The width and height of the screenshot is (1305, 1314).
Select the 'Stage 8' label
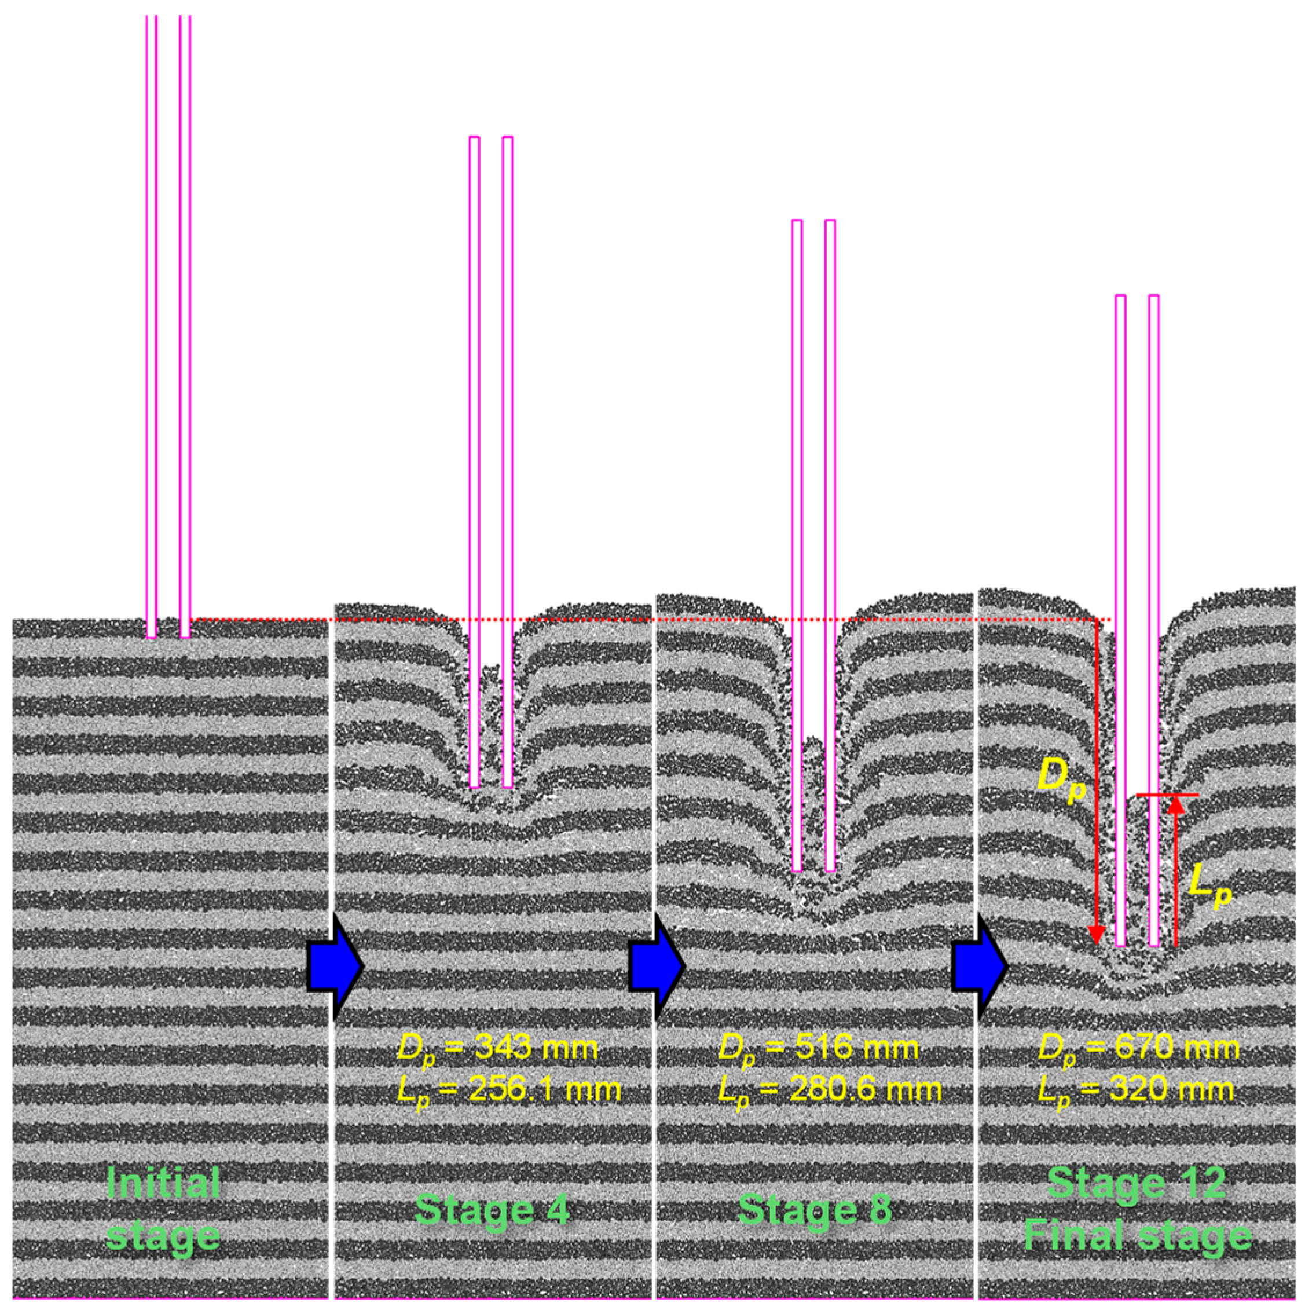(814, 1210)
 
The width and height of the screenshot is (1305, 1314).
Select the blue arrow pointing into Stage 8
(656, 965)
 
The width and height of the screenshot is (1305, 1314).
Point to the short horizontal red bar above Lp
(1168, 795)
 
